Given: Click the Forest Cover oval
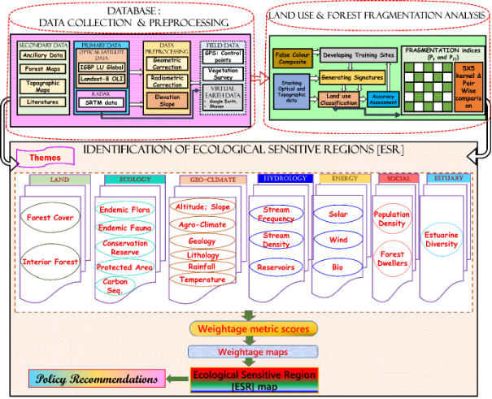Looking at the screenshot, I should (50, 218).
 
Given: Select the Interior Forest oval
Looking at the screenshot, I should (50, 262).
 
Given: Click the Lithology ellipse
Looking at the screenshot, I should (203, 255).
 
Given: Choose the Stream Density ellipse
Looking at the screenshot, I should (276, 240).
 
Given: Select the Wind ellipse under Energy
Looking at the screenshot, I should (338, 241).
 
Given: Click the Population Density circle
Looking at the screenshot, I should (392, 219).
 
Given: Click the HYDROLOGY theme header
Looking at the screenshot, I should (281, 178).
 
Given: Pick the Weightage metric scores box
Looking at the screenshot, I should (253, 329).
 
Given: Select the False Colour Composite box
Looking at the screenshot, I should (291, 58).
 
